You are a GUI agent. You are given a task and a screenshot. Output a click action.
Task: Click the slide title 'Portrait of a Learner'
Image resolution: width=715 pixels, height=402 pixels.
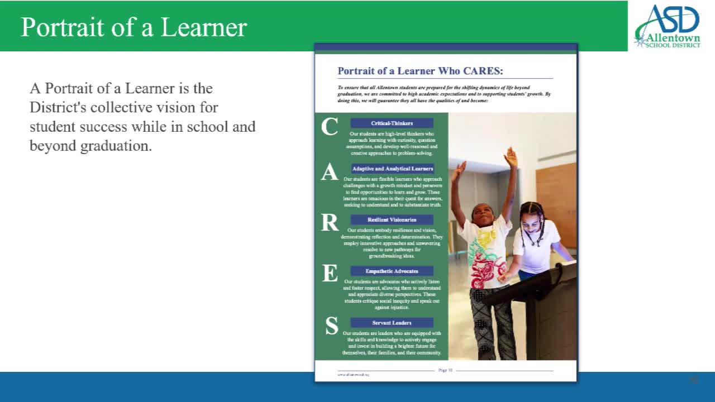(x=134, y=27)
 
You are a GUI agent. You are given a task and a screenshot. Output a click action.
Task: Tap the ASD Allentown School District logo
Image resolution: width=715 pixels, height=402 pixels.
(x=668, y=26)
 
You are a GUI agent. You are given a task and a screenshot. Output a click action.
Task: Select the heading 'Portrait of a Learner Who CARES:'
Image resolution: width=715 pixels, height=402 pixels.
(x=420, y=71)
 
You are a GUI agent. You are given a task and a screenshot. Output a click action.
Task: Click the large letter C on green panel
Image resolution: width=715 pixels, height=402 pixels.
(x=329, y=127)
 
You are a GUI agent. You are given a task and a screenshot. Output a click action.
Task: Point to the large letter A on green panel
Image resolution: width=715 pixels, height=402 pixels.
(x=329, y=173)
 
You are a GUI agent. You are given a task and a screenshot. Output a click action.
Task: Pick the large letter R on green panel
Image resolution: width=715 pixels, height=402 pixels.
(x=330, y=223)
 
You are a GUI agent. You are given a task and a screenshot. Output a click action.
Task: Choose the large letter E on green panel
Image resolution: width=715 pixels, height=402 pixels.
(x=330, y=274)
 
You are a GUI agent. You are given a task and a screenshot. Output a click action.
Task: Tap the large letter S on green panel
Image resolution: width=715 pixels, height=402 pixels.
(x=331, y=326)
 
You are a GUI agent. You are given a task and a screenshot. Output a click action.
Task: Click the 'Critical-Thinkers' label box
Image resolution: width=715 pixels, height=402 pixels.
(x=392, y=123)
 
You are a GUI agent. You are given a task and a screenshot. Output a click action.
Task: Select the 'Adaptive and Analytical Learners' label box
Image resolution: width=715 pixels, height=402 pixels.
(x=392, y=169)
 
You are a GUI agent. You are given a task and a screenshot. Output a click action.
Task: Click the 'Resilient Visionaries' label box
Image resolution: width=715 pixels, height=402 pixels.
(x=392, y=220)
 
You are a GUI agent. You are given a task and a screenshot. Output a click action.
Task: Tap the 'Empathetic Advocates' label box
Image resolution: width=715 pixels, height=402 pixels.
(x=392, y=271)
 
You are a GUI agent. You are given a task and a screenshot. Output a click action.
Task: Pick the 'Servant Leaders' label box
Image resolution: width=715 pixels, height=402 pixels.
(x=392, y=323)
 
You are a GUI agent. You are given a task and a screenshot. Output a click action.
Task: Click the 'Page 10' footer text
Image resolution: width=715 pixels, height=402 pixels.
(x=445, y=370)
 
